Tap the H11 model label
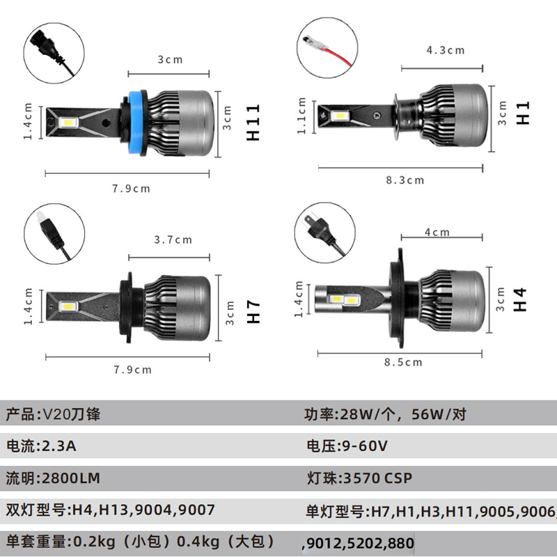tap(253, 123)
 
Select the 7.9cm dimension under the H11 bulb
tap(131, 188)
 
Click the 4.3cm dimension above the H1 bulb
tap(446, 50)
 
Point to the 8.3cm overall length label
tap(405, 180)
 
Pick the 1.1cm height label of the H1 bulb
tap(301, 116)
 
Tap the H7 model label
tap(253, 311)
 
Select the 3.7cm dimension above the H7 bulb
tap(173, 240)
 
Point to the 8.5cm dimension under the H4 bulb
tap(403, 362)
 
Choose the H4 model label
tap(519, 299)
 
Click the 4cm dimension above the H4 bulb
tap(437, 232)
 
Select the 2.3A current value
tap(59, 446)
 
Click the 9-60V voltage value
tap(364, 446)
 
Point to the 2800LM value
tap(71, 478)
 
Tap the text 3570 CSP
tap(377, 478)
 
